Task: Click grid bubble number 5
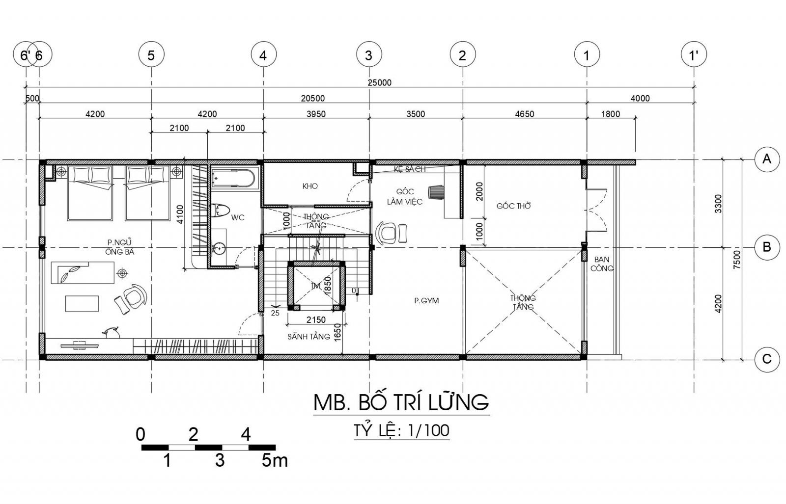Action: point(151,55)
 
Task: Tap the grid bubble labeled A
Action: point(767,159)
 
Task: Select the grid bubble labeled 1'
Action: point(694,55)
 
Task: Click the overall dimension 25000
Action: point(379,83)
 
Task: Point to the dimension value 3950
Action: point(316,114)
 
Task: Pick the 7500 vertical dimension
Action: point(736,259)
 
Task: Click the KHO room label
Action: point(310,186)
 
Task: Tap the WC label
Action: point(238,218)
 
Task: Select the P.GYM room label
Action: point(426,300)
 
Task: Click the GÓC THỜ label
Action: point(514,206)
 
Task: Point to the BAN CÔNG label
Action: point(602,264)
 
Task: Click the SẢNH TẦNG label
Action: point(309,337)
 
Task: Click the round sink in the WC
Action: point(220,249)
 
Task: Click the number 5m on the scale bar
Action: point(275,460)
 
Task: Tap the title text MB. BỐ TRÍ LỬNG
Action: point(401,402)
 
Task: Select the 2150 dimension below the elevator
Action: point(316,319)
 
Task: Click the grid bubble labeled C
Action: point(767,359)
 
